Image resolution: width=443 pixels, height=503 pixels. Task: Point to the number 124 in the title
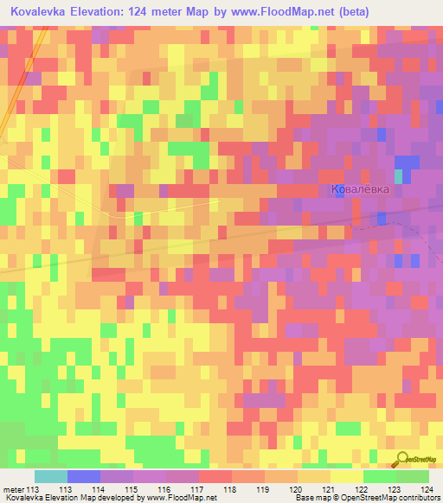[x=168, y=12]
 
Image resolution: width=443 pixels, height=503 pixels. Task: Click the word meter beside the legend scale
[x=15, y=488]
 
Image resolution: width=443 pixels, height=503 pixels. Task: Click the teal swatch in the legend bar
[x=51, y=476]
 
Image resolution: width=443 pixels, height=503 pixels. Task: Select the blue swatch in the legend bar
[x=84, y=476]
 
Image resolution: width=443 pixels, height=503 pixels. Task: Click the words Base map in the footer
[x=309, y=498]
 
